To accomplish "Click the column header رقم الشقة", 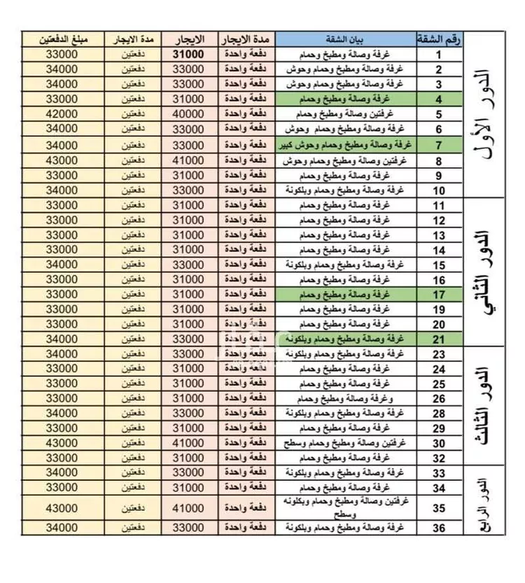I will click(438, 38).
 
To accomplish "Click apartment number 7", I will click(438, 145).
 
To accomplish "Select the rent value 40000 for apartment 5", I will click(188, 114).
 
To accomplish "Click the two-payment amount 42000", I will click(62, 114).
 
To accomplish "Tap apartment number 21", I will click(438, 339).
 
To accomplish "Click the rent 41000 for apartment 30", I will click(188, 443).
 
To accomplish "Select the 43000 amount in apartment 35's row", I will click(62, 507).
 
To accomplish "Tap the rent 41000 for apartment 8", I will click(188, 160).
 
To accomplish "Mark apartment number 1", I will click(438, 54).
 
